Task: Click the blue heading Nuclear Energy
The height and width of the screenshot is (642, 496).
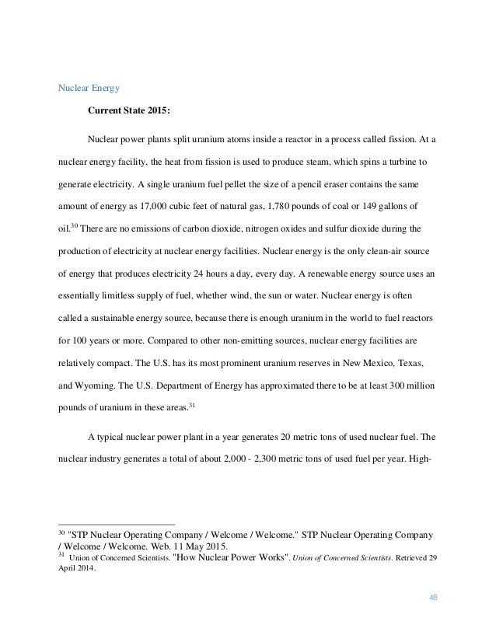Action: pos(86,89)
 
